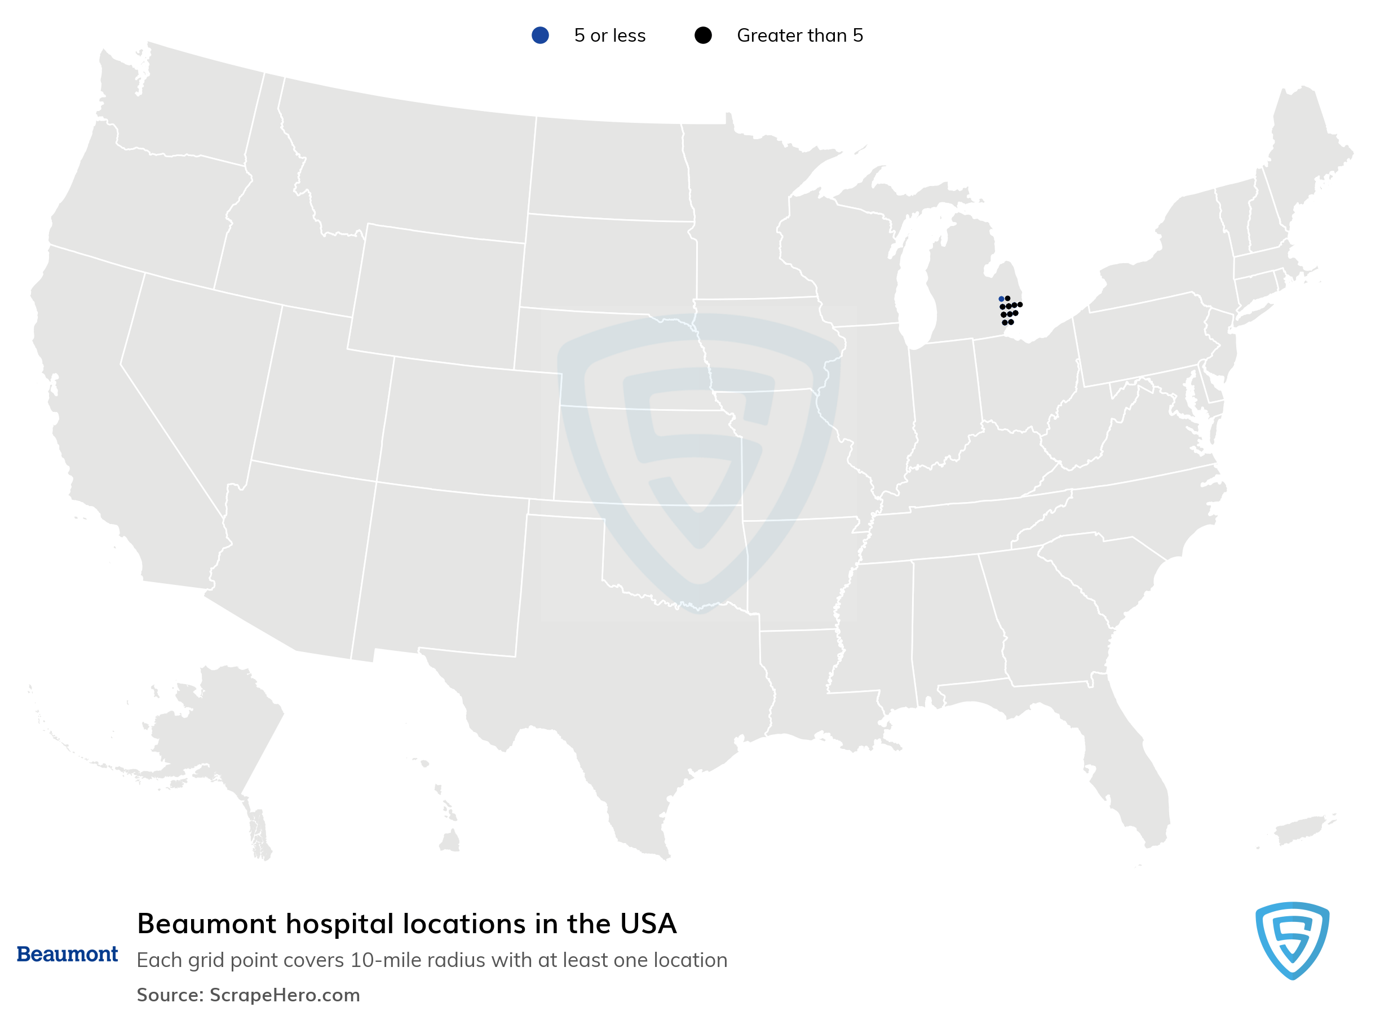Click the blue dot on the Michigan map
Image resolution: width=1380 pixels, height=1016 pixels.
click(1001, 299)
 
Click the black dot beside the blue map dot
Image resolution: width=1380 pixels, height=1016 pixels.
click(1008, 298)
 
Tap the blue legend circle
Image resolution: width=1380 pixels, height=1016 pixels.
click(540, 36)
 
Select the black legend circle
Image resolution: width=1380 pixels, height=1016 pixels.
click(702, 36)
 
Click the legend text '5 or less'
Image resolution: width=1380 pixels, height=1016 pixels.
click(610, 36)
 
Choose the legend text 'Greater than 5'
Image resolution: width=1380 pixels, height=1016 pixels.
click(800, 36)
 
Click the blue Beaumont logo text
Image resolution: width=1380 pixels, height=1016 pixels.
click(67, 954)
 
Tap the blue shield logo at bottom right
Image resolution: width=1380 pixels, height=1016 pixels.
click(1292, 940)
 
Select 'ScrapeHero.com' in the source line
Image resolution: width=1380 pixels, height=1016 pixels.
click(285, 995)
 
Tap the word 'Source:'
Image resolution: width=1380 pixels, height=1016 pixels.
click(170, 995)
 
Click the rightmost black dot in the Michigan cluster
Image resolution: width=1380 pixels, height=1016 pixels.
click(1020, 304)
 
